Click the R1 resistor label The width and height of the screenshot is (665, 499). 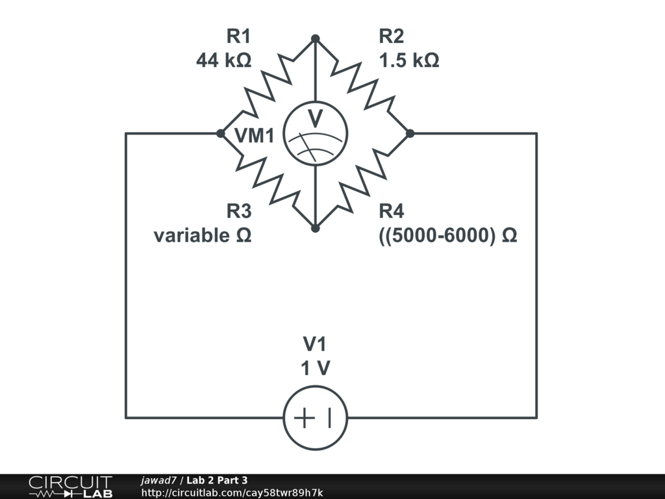[238, 36]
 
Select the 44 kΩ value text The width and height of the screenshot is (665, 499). [223, 60]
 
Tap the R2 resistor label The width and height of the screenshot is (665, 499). [392, 36]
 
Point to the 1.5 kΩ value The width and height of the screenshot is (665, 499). [408, 60]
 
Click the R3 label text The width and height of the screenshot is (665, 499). [238, 211]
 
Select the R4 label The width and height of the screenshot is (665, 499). [392, 211]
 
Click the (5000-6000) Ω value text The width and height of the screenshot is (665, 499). [447, 235]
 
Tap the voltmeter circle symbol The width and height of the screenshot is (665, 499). [315, 134]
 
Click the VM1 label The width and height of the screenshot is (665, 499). [254, 136]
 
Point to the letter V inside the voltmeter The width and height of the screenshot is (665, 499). [315, 118]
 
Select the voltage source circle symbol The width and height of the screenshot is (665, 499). [315, 417]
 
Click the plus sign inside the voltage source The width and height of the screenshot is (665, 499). [303, 417]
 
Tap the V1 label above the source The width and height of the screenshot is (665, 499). [315, 344]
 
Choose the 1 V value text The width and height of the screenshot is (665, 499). [315, 368]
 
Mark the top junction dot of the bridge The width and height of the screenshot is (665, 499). [315, 39]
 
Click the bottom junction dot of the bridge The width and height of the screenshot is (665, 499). [315, 229]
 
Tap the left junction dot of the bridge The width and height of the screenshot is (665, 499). [220, 134]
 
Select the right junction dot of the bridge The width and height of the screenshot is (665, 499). [410, 134]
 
